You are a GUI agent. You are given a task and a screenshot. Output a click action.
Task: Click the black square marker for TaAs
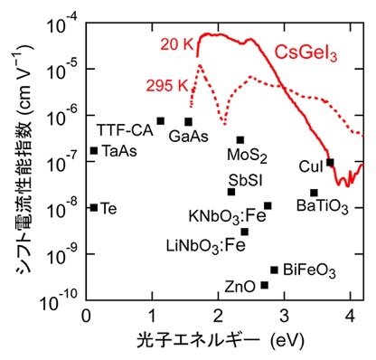click(x=94, y=150)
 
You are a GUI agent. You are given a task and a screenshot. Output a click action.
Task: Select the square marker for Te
click(x=94, y=208)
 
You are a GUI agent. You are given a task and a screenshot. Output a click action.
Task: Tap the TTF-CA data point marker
click(x=161, y=121)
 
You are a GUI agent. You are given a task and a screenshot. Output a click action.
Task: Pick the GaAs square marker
click(x=189, y=122)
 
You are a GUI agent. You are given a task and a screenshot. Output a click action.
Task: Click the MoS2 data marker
click(x=240, y=140)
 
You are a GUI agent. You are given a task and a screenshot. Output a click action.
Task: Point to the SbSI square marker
click(x=231, y=192)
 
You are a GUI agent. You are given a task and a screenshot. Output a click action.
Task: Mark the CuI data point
click(x=330, y=163)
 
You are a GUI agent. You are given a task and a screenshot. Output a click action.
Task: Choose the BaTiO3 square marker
click(x=314, y=193)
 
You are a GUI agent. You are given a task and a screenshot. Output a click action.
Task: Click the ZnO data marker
click(x=265, y=285)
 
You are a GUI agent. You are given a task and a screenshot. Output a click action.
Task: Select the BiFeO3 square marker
click(x=274, y=270)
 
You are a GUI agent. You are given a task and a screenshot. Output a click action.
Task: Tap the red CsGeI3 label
click(x=305, y=54)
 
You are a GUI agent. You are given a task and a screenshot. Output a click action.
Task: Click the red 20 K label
click(x=176, y=44)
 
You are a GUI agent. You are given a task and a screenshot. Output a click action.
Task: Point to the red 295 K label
click(x=167, y=86)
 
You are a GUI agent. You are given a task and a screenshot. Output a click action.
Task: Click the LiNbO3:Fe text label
click(x=206, y=246)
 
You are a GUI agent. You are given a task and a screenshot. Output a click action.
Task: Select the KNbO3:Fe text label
click(x=228, y=216)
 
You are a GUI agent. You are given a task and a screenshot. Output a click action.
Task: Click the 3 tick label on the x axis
click(x=284, y=316)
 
